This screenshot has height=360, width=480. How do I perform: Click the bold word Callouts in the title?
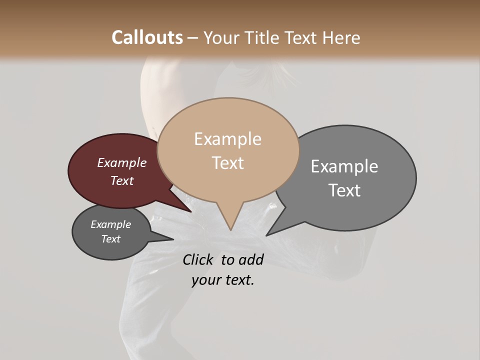pyautogui.click(x=147, y=37)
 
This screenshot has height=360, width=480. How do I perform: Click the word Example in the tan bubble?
pyautogui.click(x=228, y=139)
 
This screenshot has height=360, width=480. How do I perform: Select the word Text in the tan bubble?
pyautogui.click(x=228, y=163)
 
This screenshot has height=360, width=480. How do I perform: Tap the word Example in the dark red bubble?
pyautogui.click(x=122, y=162)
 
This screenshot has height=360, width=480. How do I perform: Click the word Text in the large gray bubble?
pyautogui.click(x=344, y=190)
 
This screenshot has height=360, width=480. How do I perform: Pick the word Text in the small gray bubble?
pyautogui.click(x=110, y=239)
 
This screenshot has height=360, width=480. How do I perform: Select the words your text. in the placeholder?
pyautogui.click(x=223, y=280)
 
